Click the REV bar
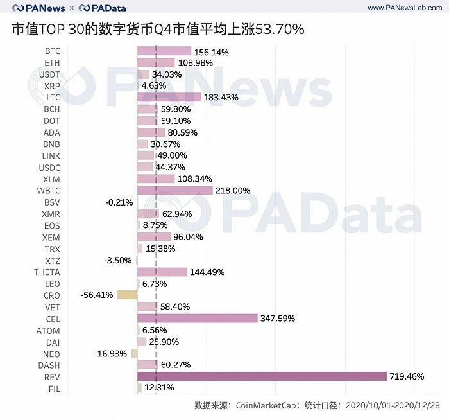[262, 376]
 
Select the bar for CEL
[198, 319]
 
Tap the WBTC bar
[175, 191]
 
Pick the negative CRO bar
[128, 295]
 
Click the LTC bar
[164, 98]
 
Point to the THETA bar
[162, 272]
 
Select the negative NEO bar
[134, 353]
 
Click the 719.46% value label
[407, 377]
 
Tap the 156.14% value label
[211, 51]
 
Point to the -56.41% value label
[97, 295]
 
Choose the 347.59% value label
[278, 319]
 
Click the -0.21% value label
[119, 202]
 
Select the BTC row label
[53, 51]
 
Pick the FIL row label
[54, 389]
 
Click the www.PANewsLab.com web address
[403, 8]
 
